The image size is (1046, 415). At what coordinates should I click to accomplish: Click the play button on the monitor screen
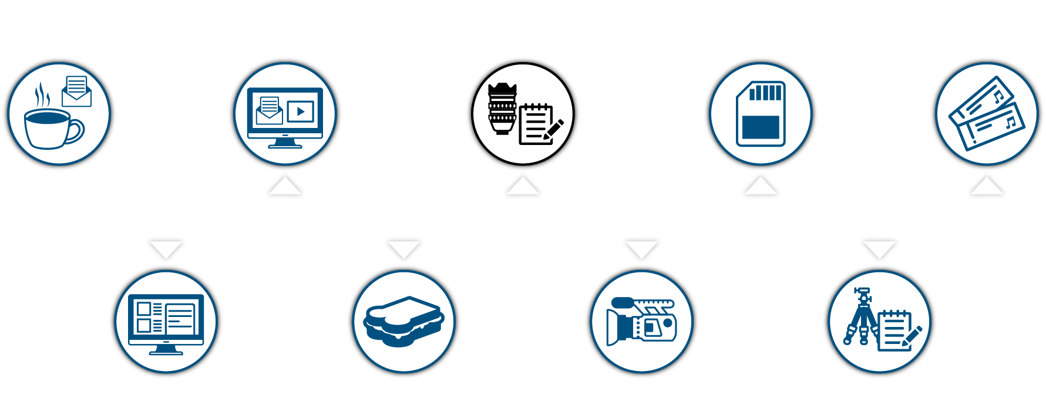click(301, 111)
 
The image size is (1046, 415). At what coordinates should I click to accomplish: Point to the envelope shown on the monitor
click(270, 111)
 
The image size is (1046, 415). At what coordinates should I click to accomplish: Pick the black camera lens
click(502, 108)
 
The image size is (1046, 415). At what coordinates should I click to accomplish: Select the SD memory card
click(761, 113)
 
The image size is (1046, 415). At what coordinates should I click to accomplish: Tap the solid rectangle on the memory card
click(761, 127)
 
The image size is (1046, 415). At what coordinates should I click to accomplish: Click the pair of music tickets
click(987, 113)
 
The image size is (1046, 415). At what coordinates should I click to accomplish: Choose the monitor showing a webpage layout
click(166, 323)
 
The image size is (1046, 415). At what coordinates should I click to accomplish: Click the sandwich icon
click(403, 321)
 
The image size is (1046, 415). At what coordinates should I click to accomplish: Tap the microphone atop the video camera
click(623, 303)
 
